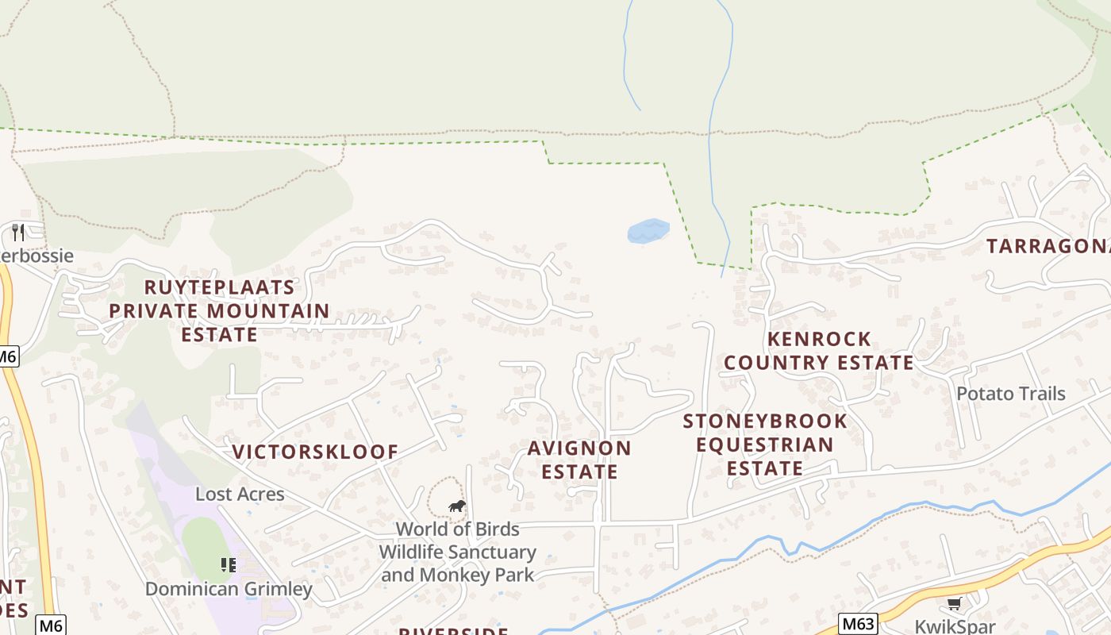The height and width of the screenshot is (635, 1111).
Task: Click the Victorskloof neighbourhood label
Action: click(x=315, y=452)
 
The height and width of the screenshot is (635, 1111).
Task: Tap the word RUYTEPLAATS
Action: click(x=219, y=287)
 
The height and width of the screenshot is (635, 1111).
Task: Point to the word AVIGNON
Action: click(x=579, y=448)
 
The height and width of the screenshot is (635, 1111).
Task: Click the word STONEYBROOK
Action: click(x=765, y=421)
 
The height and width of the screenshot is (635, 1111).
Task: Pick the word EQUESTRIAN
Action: click(x=765, y=444)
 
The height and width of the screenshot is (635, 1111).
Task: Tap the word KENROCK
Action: click(x=820, y=340)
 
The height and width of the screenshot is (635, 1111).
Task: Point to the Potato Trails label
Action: click(x=1010, y=394)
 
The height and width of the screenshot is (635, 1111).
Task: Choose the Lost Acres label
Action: click(x=240, y=495)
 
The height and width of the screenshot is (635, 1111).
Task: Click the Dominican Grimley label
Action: click(x=229, y=589)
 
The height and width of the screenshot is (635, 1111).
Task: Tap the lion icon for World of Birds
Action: click(x=456, y=506)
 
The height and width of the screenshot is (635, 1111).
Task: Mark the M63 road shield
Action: click(x=858, y=623)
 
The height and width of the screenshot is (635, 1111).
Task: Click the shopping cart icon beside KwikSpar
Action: click(x=954, y=604)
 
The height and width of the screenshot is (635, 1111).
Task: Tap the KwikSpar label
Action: click(x=955, y=626)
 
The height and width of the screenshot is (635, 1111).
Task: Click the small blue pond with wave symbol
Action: click(x=648, y=231)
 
